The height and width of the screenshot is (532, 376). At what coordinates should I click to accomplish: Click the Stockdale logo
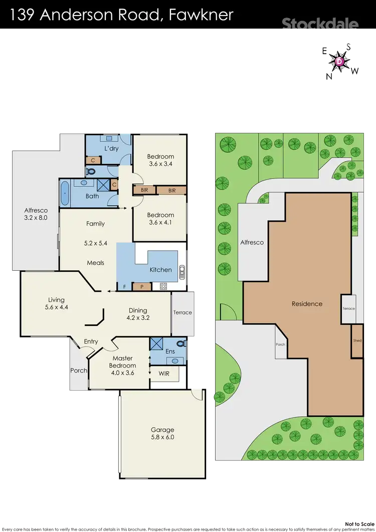tap(319, 24)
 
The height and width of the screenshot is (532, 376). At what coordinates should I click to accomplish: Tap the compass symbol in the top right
tap(339, 61)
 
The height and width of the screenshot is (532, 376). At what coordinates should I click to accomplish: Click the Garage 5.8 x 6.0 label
tap(162, 433)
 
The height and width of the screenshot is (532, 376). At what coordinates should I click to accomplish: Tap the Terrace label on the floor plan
tap(182, 312)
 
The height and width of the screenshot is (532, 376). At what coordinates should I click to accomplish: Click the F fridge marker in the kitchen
tap(124, 286)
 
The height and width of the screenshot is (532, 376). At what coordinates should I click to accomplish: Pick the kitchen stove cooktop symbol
tap(163, 286)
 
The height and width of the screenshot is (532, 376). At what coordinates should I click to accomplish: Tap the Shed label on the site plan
tap(357, 340)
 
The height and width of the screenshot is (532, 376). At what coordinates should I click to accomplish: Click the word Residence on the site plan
tap(307, 304)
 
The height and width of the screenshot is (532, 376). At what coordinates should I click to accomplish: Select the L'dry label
tap(111, 149)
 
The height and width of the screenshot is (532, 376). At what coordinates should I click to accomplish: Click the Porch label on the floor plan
tap(79, 371)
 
